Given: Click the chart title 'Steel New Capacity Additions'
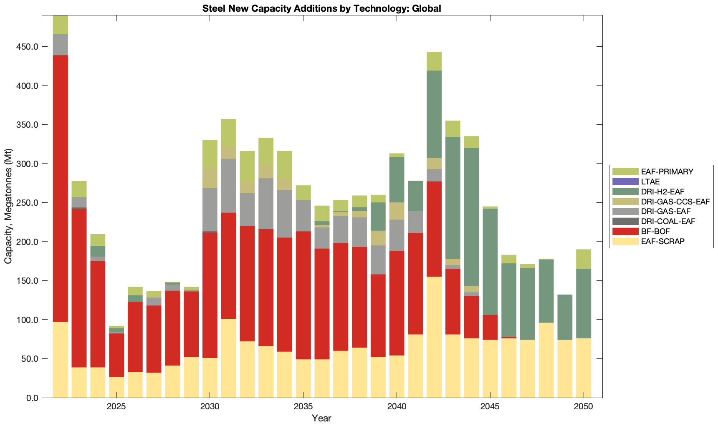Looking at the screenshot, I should tap(321, 8).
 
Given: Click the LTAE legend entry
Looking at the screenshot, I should tap(650, 182).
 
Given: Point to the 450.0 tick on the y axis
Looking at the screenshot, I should tap(26, 47).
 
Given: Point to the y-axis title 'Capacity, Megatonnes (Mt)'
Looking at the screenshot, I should tap(8, 207).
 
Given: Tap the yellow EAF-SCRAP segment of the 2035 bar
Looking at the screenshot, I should tap(303, 378).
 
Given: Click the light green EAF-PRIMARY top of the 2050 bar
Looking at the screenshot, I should tap(583, 259).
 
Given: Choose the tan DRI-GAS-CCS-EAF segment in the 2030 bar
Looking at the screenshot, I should tap(210, 178).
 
